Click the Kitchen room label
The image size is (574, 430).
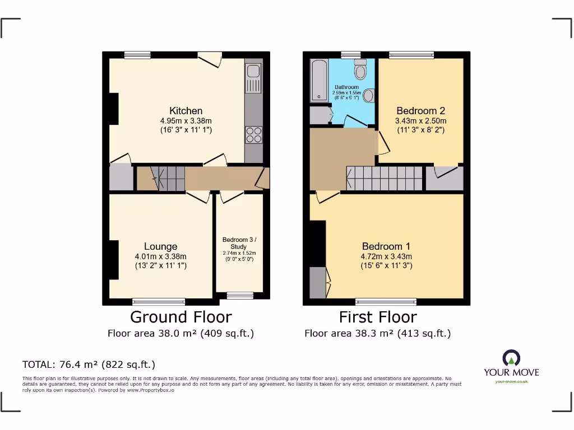[x=186, y=111]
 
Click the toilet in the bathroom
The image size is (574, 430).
[x=360, y=70]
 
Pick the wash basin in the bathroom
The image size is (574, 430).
[x=368, y=96]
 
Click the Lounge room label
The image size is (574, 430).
[x=160, y=246]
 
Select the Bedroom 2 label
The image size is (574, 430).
[x=420, y=111]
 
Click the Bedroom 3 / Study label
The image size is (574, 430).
[x=239, y=243]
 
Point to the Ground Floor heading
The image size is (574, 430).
[x=180, y=317]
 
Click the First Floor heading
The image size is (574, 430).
[x=378, y=317]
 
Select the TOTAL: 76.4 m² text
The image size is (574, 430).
[x=89, y=364]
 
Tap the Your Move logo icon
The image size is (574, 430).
[x=511, y=358]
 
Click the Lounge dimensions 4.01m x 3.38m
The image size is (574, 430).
[x=160, y=256]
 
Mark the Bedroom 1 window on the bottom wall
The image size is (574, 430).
[x=386, y=302]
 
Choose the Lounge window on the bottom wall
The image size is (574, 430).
[x=159, y=302]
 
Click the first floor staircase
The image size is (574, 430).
[x=385, y=179]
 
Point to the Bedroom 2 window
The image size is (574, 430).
[x=411, y=54]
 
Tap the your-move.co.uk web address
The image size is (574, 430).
[x=511, y=382]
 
